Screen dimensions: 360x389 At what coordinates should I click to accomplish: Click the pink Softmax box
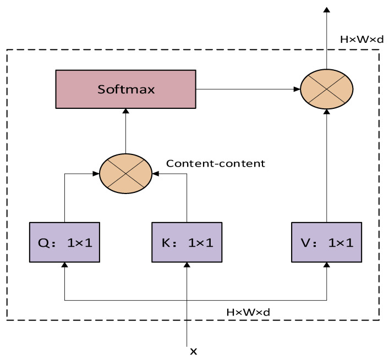click(x=125, y=88)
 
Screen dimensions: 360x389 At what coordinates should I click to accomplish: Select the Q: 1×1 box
click(x=65, y=241)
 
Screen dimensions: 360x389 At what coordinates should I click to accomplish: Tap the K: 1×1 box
click(x=188, y=241)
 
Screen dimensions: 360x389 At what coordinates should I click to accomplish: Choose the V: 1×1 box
click(x=326, y=241)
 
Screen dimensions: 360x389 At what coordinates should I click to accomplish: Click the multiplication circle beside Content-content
click(x=126, y=174)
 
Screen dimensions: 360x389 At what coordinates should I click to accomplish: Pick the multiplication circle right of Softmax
click(x=326, y=88)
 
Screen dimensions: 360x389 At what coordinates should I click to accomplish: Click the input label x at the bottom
click(x=193, y=350)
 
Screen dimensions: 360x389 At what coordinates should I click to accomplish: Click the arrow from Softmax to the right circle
click(x=248, y=88)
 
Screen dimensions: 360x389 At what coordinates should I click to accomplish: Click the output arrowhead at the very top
click(x=326, y=9)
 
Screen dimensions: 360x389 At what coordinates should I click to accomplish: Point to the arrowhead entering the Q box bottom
click(x=65, y=264)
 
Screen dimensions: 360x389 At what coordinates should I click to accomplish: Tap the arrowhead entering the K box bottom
click(x=188, y=264)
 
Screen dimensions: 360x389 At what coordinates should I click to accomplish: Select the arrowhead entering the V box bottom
click(x=326, y=264)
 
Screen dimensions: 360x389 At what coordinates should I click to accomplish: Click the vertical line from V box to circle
click(x=326, y=165)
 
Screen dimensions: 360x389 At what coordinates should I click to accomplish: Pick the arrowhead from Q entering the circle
click(x=96, y=174)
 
